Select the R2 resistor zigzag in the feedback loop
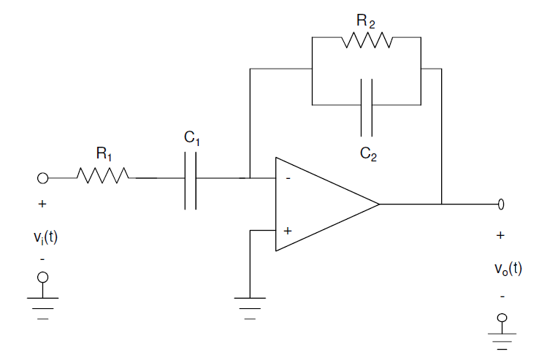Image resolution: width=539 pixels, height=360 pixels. [367, 41]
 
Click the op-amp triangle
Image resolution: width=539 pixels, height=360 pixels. [321, 204]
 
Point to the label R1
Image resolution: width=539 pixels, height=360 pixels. [104, 153]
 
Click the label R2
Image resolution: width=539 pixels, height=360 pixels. [367, 20]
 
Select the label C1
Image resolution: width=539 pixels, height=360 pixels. [192, 137]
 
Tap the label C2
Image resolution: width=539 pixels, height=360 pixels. [368, 154]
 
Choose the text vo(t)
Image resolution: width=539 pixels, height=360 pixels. [508, 268]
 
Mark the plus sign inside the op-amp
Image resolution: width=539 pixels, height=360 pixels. [287, 230]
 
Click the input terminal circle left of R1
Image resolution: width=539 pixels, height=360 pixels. [42, 177]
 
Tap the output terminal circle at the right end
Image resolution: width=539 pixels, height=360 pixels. [501, 204]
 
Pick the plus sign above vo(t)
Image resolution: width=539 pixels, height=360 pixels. [500, 236]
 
